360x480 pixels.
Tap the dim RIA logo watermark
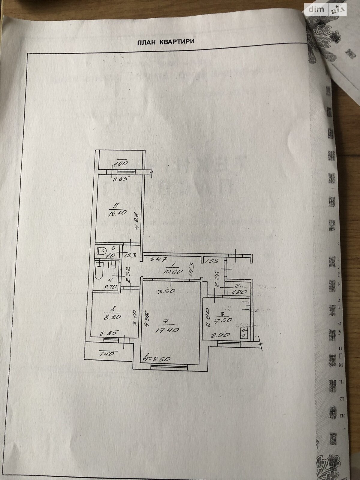point(326,10)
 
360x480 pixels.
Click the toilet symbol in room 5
point(101,250)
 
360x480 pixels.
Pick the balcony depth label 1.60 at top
point(121,164)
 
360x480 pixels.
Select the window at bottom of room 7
point(169,366)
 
